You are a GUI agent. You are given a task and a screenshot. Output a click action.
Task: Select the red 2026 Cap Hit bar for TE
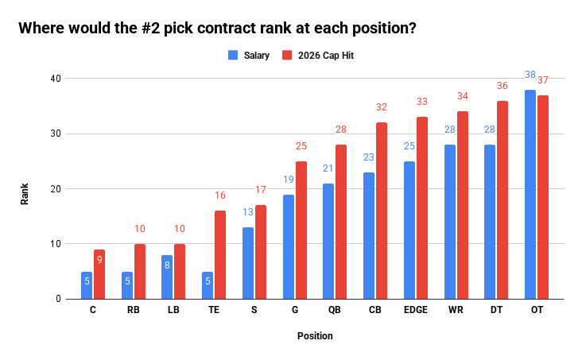tap(220, 255)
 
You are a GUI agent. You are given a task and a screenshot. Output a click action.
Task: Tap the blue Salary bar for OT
tap(530, 195)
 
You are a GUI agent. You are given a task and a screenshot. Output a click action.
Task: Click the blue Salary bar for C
tap(86, 286)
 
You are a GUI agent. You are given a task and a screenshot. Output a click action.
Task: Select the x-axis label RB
tap(133, 311)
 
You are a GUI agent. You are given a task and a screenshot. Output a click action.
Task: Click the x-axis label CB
tap(374, 311)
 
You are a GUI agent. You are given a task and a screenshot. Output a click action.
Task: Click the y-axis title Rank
tap(25, 194)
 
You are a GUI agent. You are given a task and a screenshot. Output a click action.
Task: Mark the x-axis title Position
tap(315, 336)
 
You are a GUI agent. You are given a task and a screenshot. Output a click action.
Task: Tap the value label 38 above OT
tap(530, 75)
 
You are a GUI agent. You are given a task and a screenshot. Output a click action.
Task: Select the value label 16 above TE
tap(220, 195)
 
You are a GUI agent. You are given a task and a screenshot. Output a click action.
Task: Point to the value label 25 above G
tap(301, 146)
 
